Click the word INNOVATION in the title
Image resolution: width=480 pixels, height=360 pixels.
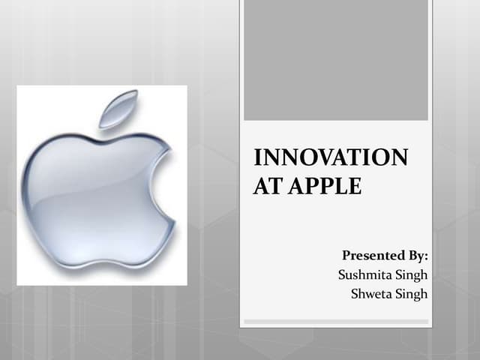[x=331, y=158]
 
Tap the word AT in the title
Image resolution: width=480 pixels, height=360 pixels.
[x=265, y=185]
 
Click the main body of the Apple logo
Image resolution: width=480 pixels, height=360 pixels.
[x=90, y=195]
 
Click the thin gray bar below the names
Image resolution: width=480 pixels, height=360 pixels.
[x=335, y=322]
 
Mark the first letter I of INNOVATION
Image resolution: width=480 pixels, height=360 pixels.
[x=258, y=158]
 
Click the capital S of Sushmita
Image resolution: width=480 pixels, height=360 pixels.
[x=343, y=275]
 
